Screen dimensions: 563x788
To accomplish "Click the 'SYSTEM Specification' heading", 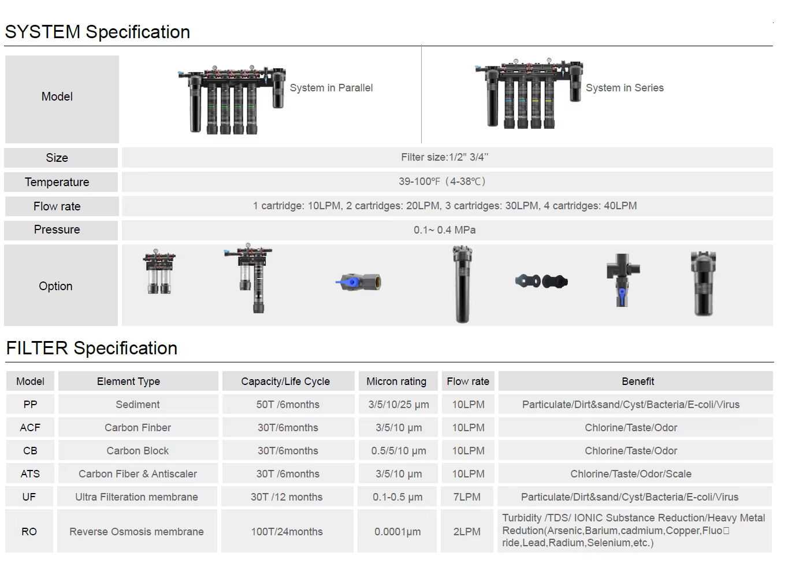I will (x=97, y=32).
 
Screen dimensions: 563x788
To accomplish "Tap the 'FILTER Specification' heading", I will (x=91, y=348).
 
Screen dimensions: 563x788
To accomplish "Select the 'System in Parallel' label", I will (x=331, y=88).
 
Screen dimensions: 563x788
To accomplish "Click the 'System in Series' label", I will (x=625, y=88).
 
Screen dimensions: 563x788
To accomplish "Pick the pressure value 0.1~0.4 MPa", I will (x=444, y=230).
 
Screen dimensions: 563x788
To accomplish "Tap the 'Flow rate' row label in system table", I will (x=57, y=206).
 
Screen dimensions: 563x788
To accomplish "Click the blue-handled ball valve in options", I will (x=358, y=282).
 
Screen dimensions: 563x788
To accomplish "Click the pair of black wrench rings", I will (x=541, y=281).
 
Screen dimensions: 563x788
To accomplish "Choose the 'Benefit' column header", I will (x=638, y=381).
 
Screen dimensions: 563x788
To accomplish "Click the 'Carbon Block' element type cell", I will (x=137, y=451).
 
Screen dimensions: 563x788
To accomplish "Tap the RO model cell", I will (x=29, y=532).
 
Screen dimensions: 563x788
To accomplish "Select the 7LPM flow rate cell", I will (x=467, y=497).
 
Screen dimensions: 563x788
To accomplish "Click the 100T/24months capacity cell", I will (x=287, y=532).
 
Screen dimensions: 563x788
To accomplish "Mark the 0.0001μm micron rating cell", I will (x=397, y=532).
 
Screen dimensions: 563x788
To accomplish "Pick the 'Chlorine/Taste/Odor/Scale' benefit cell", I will (x=631, y=474).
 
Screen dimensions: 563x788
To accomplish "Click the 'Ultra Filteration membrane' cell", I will (x=136, y=497).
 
